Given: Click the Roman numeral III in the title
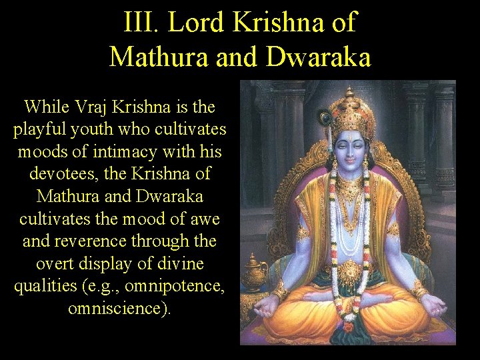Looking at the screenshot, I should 140,22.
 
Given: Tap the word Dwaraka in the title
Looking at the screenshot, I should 318,57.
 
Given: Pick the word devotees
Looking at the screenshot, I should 61,174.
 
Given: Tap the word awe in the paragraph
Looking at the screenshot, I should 205,219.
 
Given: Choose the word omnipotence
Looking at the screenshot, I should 181,287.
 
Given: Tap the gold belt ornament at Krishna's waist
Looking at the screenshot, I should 350,272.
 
